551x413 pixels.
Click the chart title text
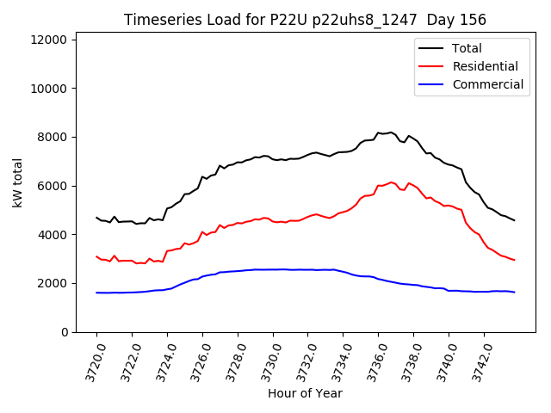point(305,20)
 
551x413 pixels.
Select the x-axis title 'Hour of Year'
point(305,393)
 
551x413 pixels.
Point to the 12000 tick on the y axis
point(50,40)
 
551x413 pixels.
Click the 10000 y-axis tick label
point(50,89)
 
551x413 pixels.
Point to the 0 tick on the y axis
point(65,332)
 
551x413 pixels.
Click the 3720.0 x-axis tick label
point(88,361)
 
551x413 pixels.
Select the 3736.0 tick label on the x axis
point(370,361)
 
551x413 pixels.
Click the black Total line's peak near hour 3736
point(390,133)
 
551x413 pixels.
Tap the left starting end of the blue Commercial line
point(96,293)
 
